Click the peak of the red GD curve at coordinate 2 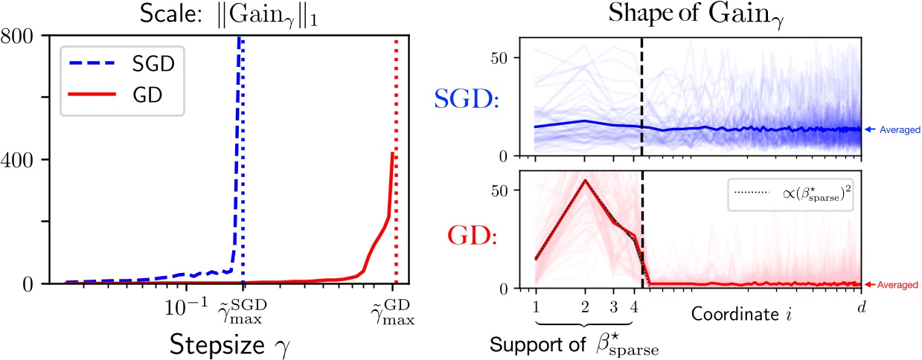(x=585, y=181)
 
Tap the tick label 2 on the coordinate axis (x=585, y=306)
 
